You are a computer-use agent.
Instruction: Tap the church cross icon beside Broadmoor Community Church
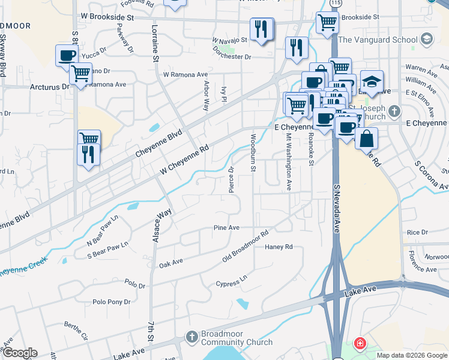[192, 337]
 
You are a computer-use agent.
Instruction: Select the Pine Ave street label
[226, 228]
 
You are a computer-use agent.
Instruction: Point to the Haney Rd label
[279, 247]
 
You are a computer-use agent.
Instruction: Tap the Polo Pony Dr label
[111, 302]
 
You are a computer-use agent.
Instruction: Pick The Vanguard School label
[377, 40]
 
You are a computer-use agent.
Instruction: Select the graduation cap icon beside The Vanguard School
[427, 40]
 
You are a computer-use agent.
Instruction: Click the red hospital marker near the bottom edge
[359, 344]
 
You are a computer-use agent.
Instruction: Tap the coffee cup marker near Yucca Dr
[67, 55]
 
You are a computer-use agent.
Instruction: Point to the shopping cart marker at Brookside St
[327, 23]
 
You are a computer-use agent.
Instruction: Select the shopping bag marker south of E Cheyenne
[366, 138]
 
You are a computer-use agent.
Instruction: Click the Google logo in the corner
[19, 353]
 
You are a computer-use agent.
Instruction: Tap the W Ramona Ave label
[185, 75]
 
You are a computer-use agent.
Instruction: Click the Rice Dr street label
[417, 232]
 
